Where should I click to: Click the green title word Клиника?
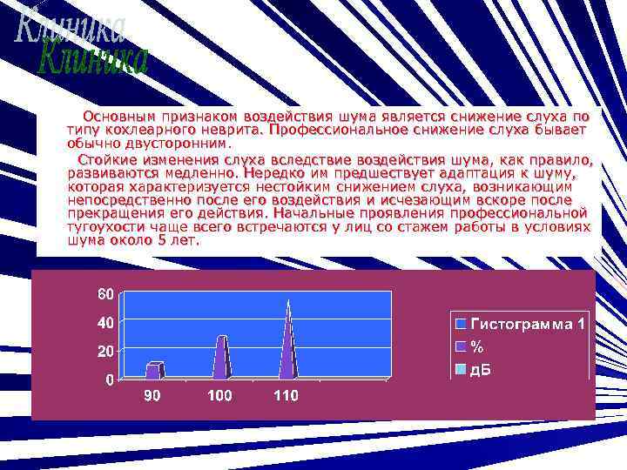(x=96, y=59)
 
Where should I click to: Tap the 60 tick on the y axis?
(x=104, y=293)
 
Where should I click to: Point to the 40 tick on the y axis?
(x=104, y=322)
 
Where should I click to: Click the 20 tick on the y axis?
(x=104, y=351)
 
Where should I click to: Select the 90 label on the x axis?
(x=152, y=396)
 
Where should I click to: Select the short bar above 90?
(x=155, y=370)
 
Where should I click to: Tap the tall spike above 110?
(x=288, y=344)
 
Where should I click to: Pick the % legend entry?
(x=476, y=346)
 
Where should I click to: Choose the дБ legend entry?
(x=481, y=369)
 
